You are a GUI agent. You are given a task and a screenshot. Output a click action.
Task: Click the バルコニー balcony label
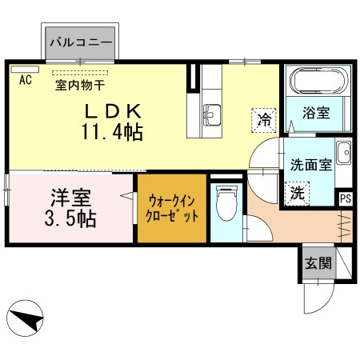coord(80,39)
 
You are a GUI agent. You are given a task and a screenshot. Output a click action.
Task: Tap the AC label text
coord(25,80)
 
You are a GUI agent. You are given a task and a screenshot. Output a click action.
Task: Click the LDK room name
coord(111,110)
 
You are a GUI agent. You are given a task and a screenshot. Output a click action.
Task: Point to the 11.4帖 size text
coord(111,131)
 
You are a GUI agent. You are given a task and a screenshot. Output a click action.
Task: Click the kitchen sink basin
coord(213,114)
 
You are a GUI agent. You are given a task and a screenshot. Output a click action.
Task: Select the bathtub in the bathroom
coord(318,83)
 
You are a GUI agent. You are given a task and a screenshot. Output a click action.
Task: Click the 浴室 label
coord(317,114)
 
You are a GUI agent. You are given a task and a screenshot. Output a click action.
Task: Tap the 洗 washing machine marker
coord(295,192)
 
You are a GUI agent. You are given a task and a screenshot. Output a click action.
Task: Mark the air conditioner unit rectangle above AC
coord(25,70)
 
